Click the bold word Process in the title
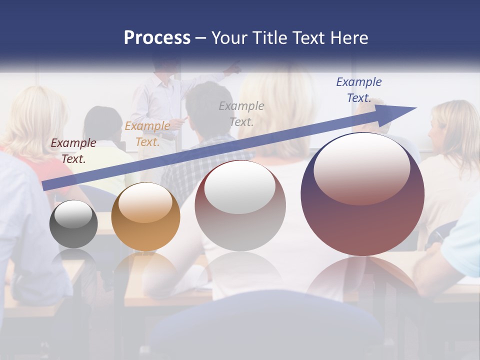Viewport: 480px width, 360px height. click(x=157, y=38)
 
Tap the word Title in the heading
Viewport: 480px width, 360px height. click(x=270, y=38)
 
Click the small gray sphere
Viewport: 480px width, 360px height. click(x=73, y=224)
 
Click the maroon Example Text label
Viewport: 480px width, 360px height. click(x=73, y=150)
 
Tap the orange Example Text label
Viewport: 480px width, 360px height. click(x=147, y=133)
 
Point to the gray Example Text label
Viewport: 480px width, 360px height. click(x=241, y=113)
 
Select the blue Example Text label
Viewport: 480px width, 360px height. click(x=359, y=89)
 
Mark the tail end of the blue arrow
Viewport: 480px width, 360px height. click(x=46, y=186)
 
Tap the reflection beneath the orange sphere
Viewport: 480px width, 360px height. click(x=145, y=270)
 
